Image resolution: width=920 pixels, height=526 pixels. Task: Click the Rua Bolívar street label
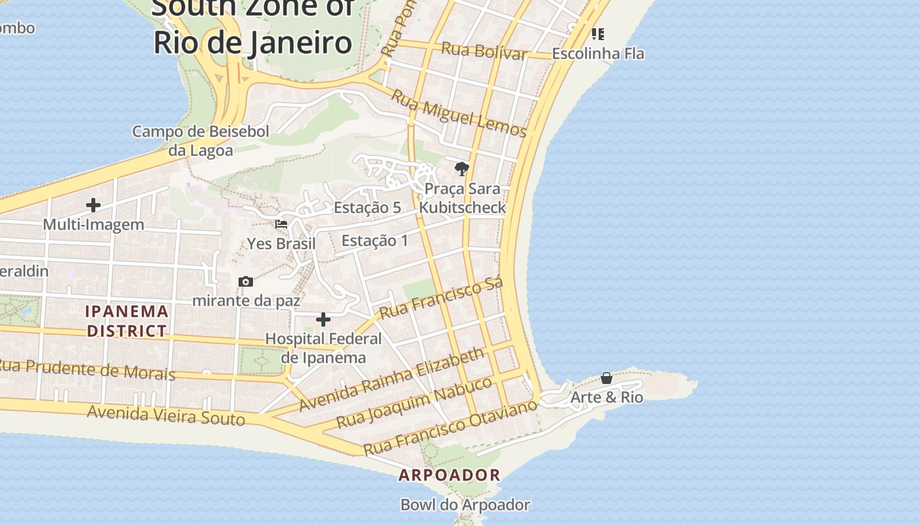484,51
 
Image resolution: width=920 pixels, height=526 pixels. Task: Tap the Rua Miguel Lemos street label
459,114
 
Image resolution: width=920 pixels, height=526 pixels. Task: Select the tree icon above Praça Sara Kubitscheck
462,169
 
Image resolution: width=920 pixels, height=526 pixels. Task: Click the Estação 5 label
367,208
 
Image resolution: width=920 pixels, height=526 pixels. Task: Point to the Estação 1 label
375,241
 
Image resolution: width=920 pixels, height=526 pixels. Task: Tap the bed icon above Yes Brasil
281,224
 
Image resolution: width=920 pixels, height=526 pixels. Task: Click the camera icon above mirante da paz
246,281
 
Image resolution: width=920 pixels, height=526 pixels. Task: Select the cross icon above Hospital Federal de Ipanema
323,320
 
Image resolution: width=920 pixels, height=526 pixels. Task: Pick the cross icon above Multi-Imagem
93,205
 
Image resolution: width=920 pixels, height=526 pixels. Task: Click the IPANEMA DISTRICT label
127,321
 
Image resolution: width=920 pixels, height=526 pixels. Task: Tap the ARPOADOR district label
449,475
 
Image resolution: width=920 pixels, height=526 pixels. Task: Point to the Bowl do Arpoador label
465,505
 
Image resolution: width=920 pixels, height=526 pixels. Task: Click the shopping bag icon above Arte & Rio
607,378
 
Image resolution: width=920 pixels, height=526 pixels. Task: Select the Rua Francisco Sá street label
442,298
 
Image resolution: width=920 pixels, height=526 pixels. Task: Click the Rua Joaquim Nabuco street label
414,402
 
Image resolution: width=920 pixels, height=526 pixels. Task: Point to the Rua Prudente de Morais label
87,369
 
